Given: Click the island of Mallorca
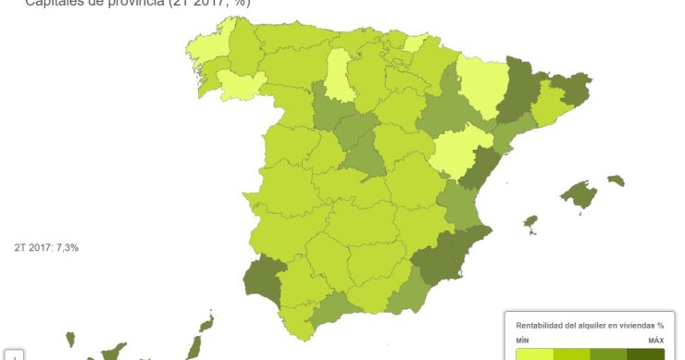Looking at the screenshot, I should pos(579,194).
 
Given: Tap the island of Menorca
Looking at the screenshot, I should pos(616,180).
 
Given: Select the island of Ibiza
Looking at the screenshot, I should pos(530,223).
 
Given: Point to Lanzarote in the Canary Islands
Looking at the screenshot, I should pos(205,323).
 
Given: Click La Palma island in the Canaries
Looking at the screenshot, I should pos(69,340).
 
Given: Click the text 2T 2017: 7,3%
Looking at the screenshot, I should pos(46,248).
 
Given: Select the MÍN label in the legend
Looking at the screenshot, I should pos(523,341).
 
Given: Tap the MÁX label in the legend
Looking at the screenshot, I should pos(655,341).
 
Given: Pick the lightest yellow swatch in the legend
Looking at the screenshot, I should pos(534,354).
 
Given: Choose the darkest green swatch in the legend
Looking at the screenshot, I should pos(645,354).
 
